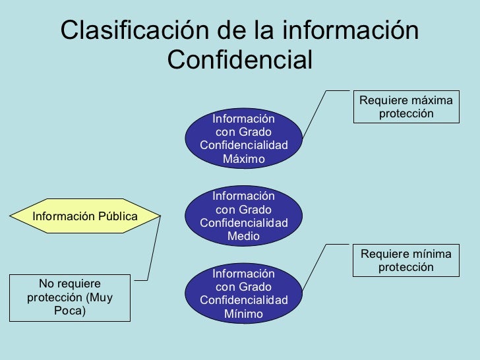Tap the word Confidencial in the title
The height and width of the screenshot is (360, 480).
pos(239,61)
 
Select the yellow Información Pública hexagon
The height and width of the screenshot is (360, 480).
pos(85,216)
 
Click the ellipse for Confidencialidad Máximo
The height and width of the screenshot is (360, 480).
pos(243,138)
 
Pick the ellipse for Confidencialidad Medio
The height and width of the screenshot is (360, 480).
pos(243,216)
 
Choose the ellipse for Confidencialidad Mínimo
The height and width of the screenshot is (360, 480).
pos(243,293)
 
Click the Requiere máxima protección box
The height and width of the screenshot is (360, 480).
pos(406,107)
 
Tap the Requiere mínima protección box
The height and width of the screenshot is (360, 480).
pos(406,260)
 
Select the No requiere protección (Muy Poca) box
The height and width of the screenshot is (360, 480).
pos(69,297)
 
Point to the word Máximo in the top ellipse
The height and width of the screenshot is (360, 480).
pos(243,159)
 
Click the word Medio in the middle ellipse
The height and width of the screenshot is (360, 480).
pos(243,236)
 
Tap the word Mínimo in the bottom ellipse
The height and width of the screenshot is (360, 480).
pos(243,314)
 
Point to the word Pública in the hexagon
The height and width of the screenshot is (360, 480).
pos(113,216)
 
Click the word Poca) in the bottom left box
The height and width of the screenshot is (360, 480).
pos(69,311)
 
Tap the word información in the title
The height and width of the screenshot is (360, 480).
pos(349,31)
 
